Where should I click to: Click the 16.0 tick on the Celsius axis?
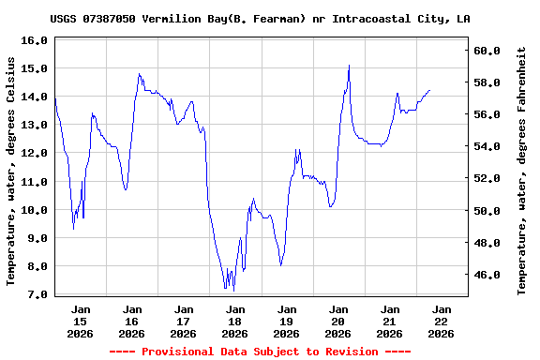(x=34, y=41)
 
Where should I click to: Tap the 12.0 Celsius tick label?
(x=34, y=154)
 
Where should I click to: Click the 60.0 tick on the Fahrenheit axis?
(x=488, y=51)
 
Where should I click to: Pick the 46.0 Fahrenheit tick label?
(x=488, y=276)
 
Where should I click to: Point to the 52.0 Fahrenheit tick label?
(x=488, y=179)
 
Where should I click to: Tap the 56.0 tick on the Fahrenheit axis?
(x=488, y=115)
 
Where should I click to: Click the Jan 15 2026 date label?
(x=81, y=321)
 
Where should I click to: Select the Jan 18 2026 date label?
(x=235, y=321)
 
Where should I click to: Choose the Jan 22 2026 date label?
(x=442, y=321)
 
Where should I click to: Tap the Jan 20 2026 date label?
(x=338, y=321)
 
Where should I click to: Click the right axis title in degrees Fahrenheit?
(x=522, y=170)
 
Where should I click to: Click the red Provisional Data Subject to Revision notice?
(x=260, y=352)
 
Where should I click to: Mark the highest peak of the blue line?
(x=349, y=66)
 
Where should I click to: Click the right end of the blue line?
(x=429, y=91)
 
